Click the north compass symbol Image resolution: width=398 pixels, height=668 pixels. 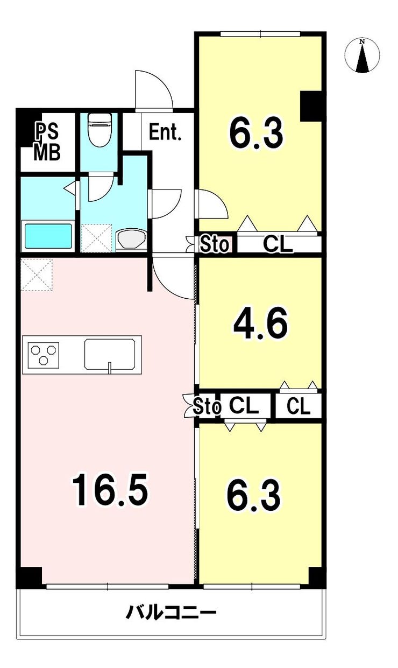coord(362,55)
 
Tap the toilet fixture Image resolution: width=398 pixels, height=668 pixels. coord(100,130)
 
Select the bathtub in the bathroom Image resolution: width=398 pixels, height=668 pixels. coord(48,236)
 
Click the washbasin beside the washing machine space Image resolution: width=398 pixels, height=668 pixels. coord(131,239)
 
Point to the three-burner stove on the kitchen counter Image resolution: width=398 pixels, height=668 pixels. coord(44,355)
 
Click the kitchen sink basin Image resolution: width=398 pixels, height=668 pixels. coord(109,354)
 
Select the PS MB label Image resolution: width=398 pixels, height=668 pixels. coord(47,142)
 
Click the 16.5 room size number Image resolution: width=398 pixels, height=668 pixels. coord(110,490)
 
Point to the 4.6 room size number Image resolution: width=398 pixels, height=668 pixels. coord(261,324)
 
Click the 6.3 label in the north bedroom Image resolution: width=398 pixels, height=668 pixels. coord(256,133)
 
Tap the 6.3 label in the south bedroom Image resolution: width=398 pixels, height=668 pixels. coord(253,496)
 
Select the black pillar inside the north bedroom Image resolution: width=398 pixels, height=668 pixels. coord(311,106)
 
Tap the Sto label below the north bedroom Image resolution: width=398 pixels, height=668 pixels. coord(215,244)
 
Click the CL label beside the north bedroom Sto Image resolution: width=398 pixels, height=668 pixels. coord(278,244)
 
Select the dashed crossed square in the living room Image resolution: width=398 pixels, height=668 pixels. coord(37,275)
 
